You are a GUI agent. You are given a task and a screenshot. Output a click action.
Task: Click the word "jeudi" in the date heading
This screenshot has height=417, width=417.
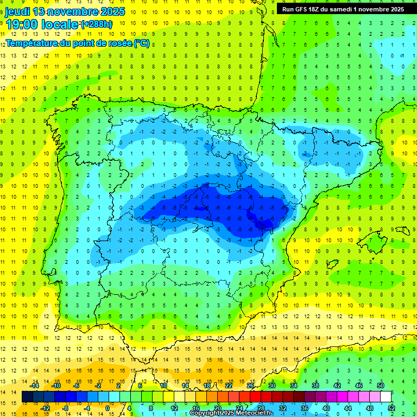17,11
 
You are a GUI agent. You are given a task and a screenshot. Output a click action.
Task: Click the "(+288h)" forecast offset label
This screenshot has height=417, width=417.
96,24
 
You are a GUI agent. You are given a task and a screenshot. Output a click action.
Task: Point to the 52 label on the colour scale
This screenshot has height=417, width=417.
391,408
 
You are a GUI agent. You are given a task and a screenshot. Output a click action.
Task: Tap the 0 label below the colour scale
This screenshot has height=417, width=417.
107,408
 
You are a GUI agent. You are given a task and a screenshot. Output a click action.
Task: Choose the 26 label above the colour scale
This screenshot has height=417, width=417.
250,386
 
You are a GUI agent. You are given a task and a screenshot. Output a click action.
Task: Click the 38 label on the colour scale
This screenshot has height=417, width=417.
315,386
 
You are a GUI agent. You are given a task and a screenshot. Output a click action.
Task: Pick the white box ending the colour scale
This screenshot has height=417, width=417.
386,397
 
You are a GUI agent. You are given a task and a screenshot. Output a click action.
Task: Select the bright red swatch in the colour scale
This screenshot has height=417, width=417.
256,397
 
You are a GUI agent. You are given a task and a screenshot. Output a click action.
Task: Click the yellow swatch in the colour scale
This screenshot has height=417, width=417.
169,397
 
